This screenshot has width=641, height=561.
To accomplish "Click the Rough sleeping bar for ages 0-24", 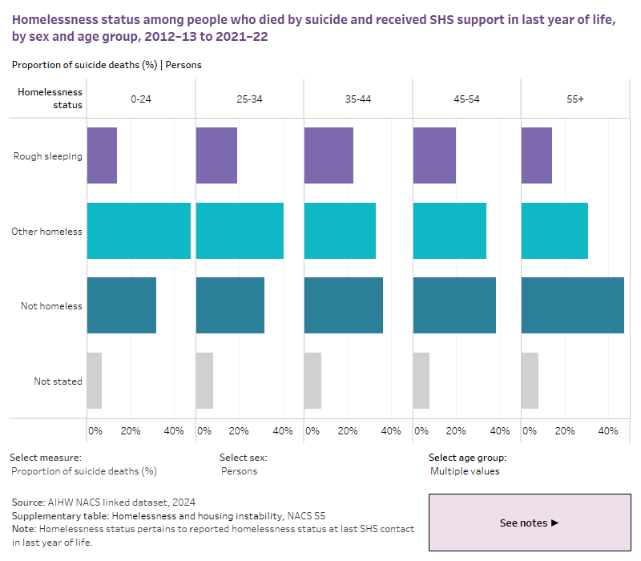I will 102,155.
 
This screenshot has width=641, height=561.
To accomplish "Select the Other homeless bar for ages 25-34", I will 239,231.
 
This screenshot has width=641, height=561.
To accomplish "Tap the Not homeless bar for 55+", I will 572,305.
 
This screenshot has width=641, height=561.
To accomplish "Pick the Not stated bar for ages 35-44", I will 312,381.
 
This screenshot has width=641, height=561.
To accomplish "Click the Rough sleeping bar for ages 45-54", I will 433,155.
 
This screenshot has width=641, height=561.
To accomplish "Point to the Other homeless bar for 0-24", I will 138,231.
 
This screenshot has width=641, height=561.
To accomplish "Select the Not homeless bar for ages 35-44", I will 343,305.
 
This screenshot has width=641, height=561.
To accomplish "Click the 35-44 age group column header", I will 357,99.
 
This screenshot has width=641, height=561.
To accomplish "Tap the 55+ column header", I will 574,99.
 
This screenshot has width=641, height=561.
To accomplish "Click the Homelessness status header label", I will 50,98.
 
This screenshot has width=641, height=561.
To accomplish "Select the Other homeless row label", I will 46,232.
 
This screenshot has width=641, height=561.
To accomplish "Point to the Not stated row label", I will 58,381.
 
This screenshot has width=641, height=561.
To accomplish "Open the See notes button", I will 529,523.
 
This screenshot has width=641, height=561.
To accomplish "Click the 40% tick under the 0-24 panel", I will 174,431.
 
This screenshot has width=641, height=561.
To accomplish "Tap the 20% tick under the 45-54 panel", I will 456,431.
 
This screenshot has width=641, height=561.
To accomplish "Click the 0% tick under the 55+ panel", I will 530,431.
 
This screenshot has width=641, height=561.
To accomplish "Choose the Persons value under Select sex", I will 239,471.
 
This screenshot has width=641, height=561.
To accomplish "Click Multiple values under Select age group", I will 465,471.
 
